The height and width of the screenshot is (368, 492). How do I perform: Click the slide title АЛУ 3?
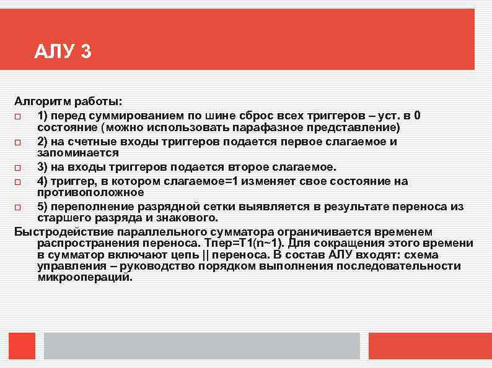(63, 52)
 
